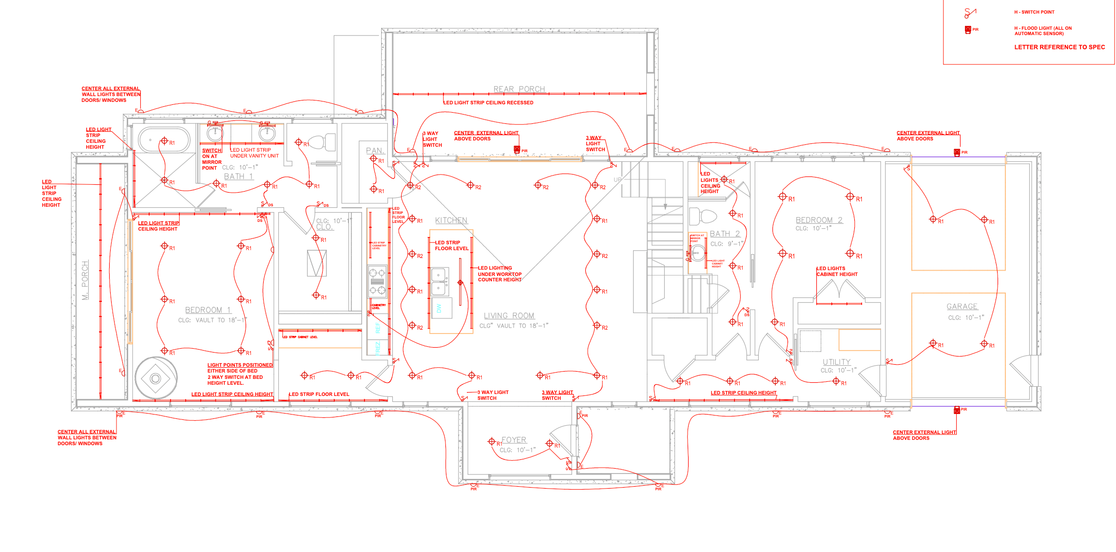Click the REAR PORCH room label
(519, 89)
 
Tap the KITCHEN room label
(451, 220)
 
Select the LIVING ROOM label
(509, 315)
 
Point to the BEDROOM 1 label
(208, 310)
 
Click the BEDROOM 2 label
(819, 220)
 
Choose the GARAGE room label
(962, 306)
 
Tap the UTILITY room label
(837, 362)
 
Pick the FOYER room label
(514, 440)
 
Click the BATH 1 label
(238, 177)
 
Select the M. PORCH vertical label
(85, 280)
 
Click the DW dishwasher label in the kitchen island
(439, 309)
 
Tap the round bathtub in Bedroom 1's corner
(155, 378)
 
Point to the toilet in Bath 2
(703, 216)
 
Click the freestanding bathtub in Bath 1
(164, 140)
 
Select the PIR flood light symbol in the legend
(968, 30)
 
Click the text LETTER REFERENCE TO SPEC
(1059, 47)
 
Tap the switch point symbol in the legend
(969, 13)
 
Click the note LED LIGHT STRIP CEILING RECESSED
(488, 103)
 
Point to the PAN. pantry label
(375, 151)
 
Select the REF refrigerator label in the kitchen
(378, 328)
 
